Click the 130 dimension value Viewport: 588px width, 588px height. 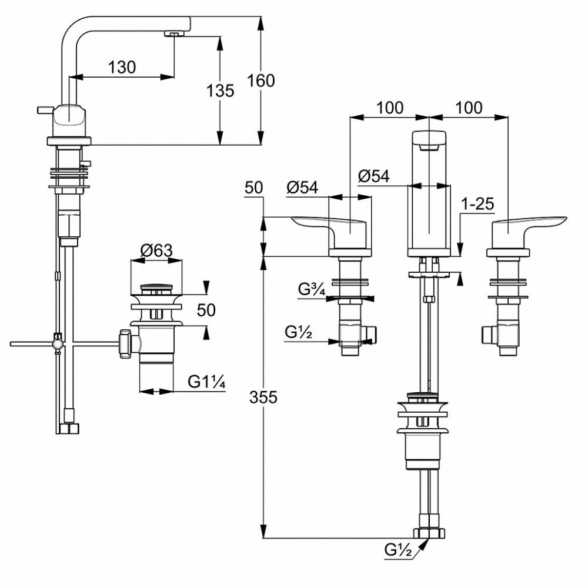click(122, 67)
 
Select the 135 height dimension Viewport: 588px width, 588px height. click(220, 91)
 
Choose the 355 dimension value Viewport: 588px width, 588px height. click(263, 397)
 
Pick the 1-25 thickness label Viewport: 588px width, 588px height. click(477, 204)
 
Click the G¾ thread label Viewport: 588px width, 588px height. click(310, 289)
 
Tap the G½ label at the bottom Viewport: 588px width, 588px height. click(400, 550)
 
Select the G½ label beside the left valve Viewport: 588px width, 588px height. click(298, 332)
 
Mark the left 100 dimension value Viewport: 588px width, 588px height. click(389, 108)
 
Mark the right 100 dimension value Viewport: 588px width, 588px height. click(468, 108)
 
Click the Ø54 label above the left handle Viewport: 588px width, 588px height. click(302, 188)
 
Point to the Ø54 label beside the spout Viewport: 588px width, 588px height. click(374, 176)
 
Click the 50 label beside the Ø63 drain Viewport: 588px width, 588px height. click(206, 310)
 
